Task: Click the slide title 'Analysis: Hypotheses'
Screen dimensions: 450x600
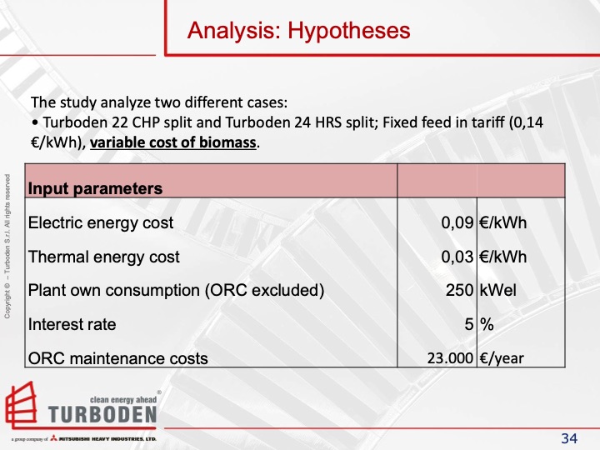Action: click(299, 31)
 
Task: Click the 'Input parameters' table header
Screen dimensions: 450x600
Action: click(95, 188)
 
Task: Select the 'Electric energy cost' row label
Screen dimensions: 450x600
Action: click(101, 222)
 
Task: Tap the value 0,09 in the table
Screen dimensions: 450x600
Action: click(457, 222)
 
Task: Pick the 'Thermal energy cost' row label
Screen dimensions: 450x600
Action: click(103, 257)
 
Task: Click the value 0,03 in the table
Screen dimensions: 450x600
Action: click(457, 257)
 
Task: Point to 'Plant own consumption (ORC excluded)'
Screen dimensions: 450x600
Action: click(176, 291)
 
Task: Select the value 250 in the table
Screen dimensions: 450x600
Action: click(461, 291)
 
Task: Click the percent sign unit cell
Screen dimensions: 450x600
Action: click(487, 324)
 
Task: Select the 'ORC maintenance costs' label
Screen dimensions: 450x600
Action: click(118, 358)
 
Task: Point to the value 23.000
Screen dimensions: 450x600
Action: click(451, 358)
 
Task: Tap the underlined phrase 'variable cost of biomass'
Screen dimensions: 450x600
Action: click(174, 142)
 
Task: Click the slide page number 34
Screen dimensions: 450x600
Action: click(569, 438)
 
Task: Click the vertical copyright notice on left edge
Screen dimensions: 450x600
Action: click(7, 246)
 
